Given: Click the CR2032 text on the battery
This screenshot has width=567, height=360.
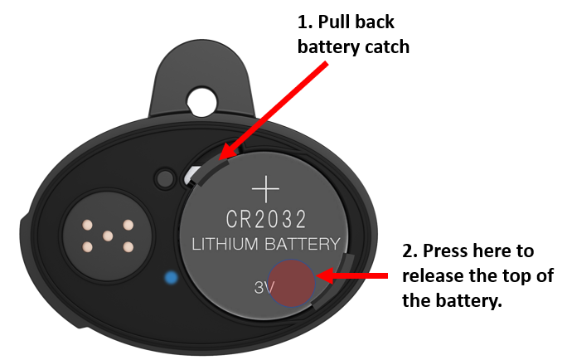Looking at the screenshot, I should point(265,220).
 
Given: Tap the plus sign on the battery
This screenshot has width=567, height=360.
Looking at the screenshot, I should point(266,190).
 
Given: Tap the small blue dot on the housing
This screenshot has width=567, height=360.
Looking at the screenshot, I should point(172,277).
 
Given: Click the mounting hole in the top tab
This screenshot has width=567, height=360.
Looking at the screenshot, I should point(201,101).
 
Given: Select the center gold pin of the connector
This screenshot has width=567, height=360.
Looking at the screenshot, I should point(107,236).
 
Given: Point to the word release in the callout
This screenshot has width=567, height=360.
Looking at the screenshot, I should point(433,275).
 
